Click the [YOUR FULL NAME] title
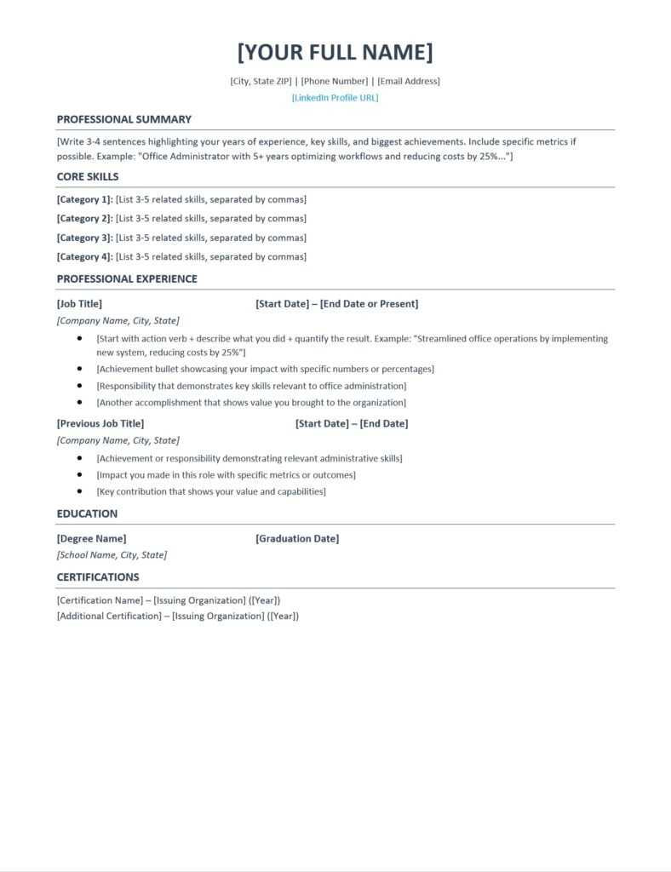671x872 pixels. point(335,52)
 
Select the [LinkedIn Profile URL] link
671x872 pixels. point(335,98)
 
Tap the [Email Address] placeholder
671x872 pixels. point(409,82)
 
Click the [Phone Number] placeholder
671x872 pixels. point(335,82)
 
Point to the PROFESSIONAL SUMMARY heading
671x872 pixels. point(124,119)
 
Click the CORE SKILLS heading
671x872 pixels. point(88,177)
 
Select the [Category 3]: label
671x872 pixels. point(84,238)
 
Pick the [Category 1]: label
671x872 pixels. point(84,200)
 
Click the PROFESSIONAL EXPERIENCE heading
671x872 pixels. point(127,279)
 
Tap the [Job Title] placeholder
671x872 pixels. point(79,304)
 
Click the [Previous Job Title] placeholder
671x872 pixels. point(100,424)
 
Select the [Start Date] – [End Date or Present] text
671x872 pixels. point(336,304)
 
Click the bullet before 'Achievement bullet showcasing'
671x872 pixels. point(79,369)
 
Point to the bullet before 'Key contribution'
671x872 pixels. point(79,491)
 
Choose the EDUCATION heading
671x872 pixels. point(88,514)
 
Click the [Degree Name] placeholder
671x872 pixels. point(91,539)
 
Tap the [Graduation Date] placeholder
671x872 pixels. point(297,539)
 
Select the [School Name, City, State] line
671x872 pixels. point(112,555)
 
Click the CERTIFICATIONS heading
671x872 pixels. point(98,577)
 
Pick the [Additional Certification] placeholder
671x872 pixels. point(109,617)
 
